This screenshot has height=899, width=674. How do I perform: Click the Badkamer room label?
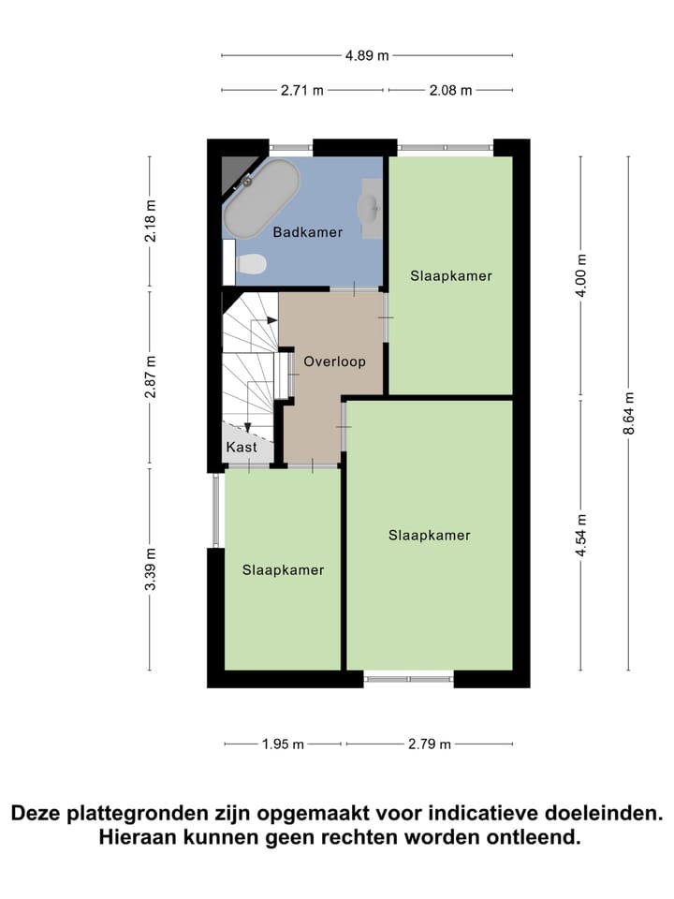[x=307, y=232]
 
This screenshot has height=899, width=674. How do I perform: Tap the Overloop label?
[x=333, y=361]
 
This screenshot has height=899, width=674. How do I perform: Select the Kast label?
[x=242, y=448]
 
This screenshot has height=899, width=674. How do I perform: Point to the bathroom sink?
[x=369, y=208]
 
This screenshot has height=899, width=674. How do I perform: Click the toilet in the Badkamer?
[x=250, y=266]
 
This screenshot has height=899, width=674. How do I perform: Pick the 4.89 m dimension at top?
[x=367, y=55]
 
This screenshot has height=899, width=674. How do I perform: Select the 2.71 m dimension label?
[x=302, y=91]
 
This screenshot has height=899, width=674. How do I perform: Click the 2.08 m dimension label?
[x=450, y=91]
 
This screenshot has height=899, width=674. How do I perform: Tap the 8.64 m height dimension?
[x=628, y=413]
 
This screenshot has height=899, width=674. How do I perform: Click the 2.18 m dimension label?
[x=150, y=221]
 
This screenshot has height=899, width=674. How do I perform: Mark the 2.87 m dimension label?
[x=150, y=377]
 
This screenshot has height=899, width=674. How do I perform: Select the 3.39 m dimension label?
[x=150, y=569]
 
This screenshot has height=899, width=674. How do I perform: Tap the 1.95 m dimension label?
[x=283, y=744]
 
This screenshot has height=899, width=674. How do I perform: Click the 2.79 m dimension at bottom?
[x=429, y=744]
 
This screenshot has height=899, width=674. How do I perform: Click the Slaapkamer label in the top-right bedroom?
[x=450, y=276]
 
